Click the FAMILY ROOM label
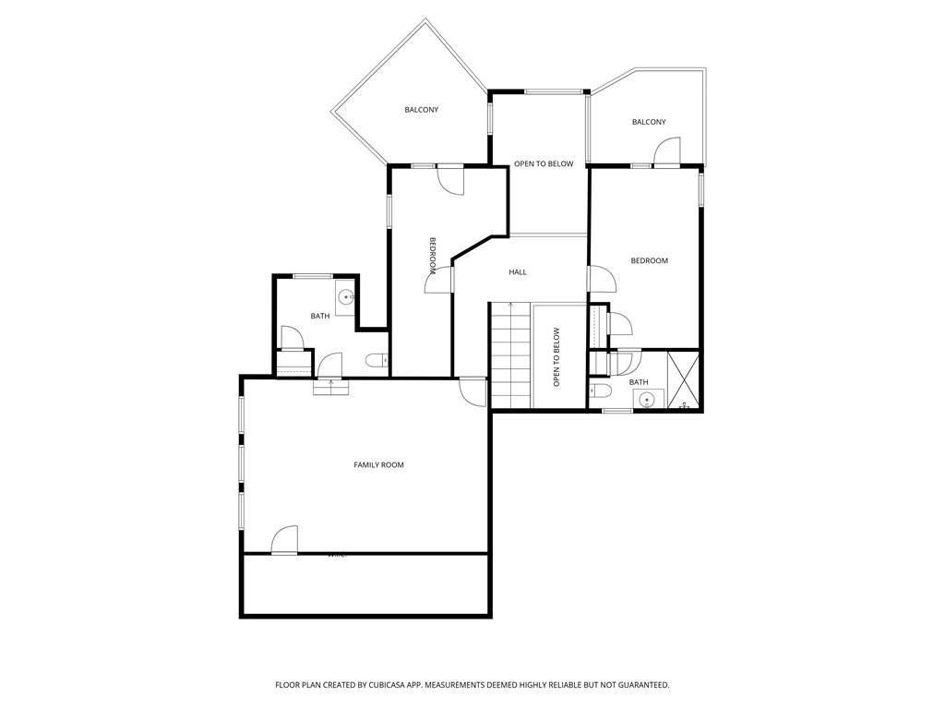[378, 464]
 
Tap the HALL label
[518, 272]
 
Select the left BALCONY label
[421, 110]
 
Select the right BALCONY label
[648, 122]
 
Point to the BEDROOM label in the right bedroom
[649, 260]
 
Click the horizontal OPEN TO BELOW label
[544, 164]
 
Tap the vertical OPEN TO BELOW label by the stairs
[556, 356]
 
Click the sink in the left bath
[345, 297]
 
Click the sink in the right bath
[648, 400]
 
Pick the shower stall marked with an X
[684, 379]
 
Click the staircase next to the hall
[510, 355]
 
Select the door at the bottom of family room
[285, 540]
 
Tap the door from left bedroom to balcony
[451, 179]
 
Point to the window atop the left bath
[313, 276]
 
